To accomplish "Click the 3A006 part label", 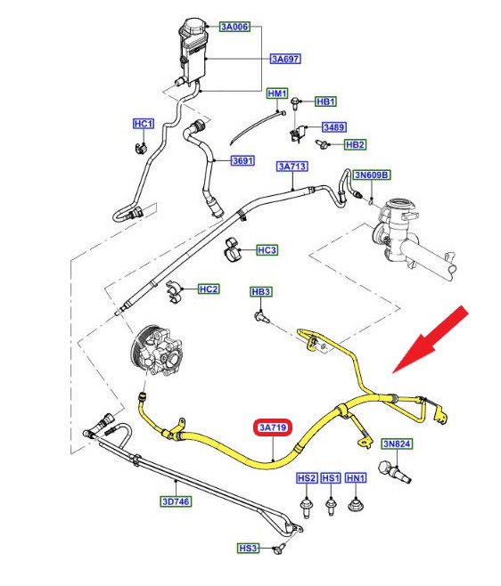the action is click(x=234, y=27).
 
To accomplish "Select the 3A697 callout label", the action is click(x=285, y=59).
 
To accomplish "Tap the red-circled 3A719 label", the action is click(x=273, y=427).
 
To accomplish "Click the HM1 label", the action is click(x=277, y=94).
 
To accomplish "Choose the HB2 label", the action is click(x=355, y=144).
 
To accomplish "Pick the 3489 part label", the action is click(x=334, y=127).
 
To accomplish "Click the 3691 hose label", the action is click(x=242, y=160).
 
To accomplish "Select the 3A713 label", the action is click(x=292, y=167).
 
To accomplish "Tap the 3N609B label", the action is click(x=372, y=175).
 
